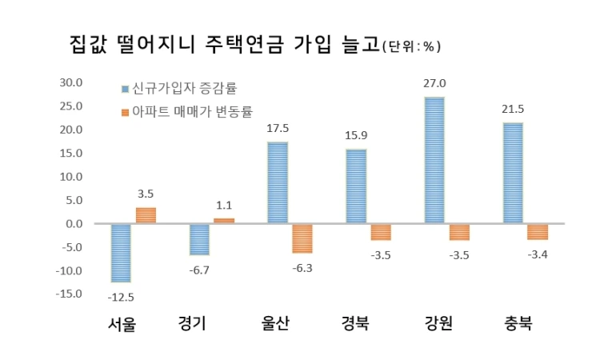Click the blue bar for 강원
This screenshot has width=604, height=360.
tap(434, 160)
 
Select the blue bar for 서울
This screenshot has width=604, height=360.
tap(121, 253)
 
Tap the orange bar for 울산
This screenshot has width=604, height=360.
tap(302, 238)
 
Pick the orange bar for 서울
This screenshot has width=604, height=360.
tap(146, 215)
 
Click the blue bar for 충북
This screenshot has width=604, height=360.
tap(513, 173)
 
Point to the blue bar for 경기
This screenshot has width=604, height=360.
tap(199, 239)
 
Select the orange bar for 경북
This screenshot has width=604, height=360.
tap(381, 232)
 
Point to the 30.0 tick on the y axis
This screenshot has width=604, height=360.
tap(72, 82)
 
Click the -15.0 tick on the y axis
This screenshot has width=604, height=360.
tap(70, 294)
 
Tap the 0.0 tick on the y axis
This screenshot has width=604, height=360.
tap(75, 223)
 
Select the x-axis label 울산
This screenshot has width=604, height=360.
tap(276, 324)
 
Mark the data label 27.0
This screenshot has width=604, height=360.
tap(435, 83)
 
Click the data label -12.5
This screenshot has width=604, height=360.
tap(120, 298)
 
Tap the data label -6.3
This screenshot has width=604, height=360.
tap(302, 267)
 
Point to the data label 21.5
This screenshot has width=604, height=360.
tap(513, 108)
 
